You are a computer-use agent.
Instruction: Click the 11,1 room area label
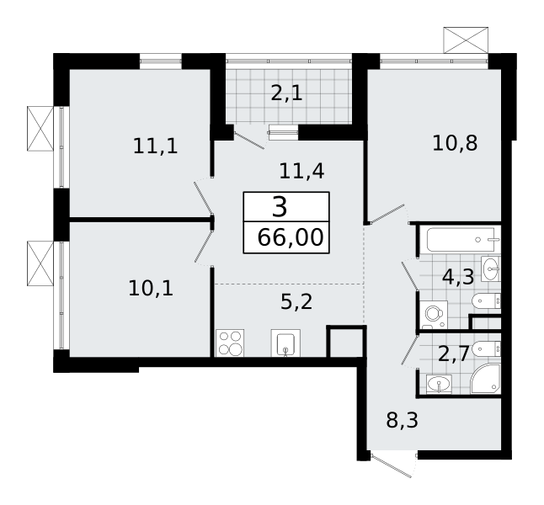(x=156, y=146)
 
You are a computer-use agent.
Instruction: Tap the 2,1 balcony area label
(x=286, y=93)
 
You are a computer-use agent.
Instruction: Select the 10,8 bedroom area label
(x=455, y=143)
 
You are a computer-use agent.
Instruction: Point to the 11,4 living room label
(x=301, y=172)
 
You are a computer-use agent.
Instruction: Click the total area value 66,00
(x=291, y=238)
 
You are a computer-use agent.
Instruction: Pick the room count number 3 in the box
(x=280, y=207)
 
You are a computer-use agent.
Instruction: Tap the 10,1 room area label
(x=151, y=288)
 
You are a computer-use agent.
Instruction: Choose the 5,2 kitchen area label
(x=296, y=302)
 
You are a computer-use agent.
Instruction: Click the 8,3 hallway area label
(x=402, y=420)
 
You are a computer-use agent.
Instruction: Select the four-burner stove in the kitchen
(x=230, y=343)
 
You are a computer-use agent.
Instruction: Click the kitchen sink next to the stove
(x=285, y=343)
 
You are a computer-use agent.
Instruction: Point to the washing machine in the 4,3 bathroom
(x=434, y=315)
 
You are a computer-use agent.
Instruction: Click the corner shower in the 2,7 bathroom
(x=485, y=379)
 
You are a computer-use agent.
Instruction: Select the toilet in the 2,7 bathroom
(x=487, y=348)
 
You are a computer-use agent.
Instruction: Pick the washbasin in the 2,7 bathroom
(x=439, y=385)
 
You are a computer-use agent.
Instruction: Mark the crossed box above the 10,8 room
(x=466, y=40)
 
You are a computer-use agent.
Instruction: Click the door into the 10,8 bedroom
(x=387, y=213)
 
